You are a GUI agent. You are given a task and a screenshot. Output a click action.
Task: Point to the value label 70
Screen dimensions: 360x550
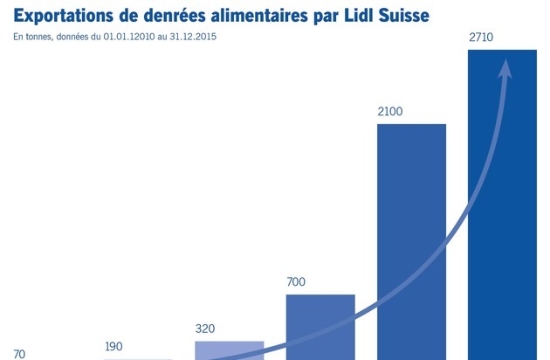coord(19,355)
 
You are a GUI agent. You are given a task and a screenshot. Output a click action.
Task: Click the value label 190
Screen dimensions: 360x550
coord(113,346)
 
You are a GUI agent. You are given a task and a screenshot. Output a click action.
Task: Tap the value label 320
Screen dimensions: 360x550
coord(205,329)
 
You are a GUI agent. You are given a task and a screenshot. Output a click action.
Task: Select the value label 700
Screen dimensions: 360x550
coord(296,282)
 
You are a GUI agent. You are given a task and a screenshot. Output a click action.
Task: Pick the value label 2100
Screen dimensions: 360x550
coord(390,112)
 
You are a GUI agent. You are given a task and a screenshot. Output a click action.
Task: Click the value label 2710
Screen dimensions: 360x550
coord(481,38)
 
